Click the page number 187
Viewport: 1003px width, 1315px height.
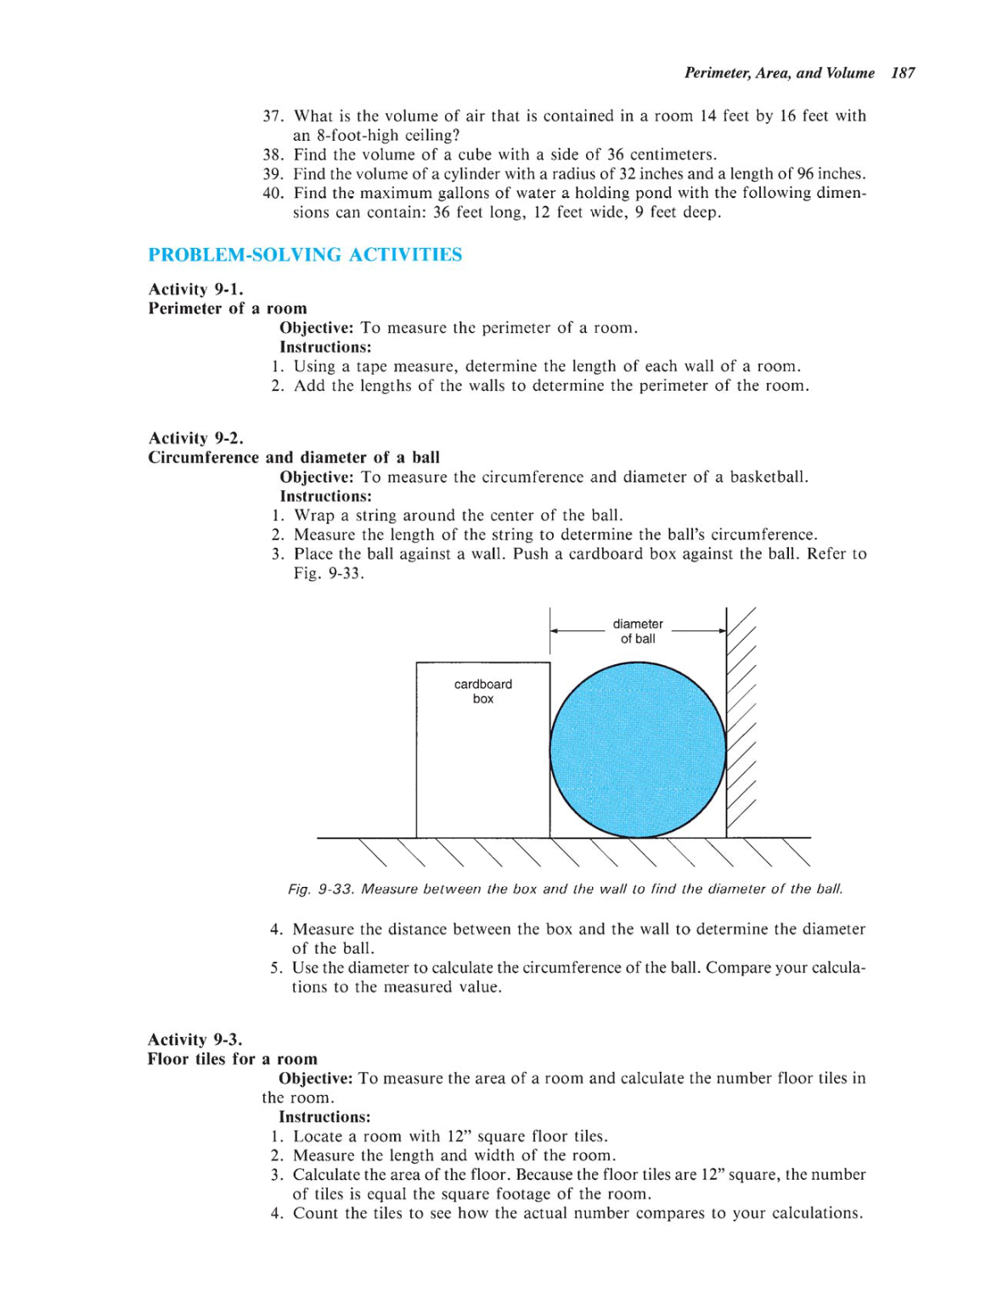[902, 73]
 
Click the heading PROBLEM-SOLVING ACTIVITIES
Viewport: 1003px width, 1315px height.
[305, 255]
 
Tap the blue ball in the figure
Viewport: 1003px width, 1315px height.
[637, 750]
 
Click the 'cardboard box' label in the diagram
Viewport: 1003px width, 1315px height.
[482, 691]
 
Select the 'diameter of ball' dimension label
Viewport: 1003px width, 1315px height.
[637, 631]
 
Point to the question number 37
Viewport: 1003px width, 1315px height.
[272, 116]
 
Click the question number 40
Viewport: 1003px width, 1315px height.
[272, 193]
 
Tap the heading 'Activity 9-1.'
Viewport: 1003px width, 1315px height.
[195, 290]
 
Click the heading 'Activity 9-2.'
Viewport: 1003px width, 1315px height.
[195, 438]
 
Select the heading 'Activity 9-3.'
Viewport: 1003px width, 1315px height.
[194, 1040]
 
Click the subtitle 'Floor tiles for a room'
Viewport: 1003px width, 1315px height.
[232, 1059]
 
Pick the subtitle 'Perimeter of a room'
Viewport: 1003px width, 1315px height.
[228, 309]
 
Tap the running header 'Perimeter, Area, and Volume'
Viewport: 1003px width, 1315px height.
[779, 73]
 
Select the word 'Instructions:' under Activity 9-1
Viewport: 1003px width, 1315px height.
[325, 347]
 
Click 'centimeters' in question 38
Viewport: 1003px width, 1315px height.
[672, 155]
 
